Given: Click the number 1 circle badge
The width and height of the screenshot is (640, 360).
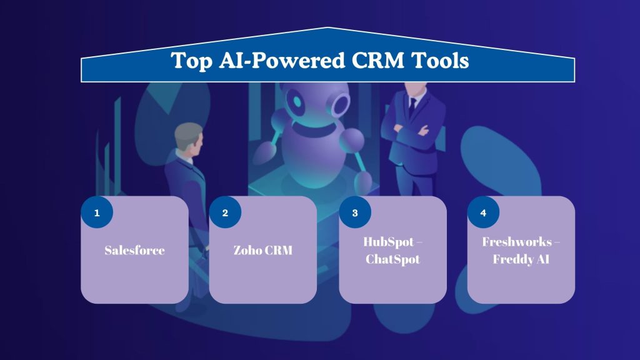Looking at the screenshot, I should pos(97,213).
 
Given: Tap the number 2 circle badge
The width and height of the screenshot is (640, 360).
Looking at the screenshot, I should pos(225,213).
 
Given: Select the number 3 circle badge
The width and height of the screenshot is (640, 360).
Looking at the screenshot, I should pos(355,213).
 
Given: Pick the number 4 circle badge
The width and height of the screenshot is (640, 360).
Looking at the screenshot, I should pos(483,213).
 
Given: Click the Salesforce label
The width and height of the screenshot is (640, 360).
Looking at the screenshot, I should pos(134,251).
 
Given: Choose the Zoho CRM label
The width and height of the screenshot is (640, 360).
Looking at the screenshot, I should pos(262,251).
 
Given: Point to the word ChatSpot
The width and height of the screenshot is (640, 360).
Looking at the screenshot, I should pos(392,259).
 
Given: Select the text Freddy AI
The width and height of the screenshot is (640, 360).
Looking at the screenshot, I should pos(521,259).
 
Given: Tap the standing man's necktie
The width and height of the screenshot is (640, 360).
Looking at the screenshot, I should pos(412,107).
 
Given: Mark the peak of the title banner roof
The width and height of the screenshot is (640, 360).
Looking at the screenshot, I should pos(327,28).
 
